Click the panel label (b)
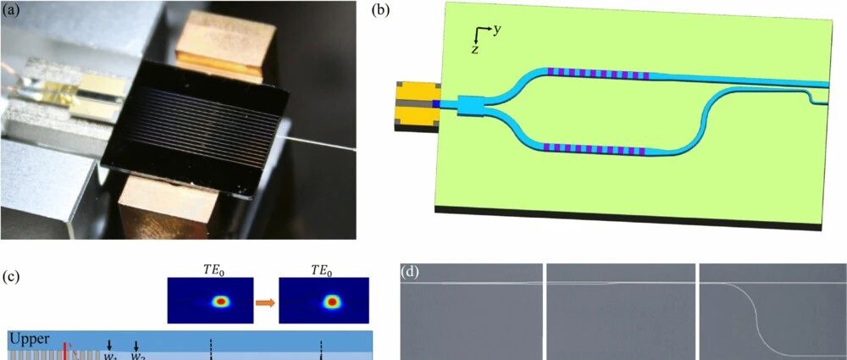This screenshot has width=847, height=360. (381, 11)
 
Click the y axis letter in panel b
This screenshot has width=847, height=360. (497, 30)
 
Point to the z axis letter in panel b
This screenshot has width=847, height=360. (475, 50)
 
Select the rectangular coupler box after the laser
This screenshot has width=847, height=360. (468, 106)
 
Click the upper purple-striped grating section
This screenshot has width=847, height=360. (598, 75)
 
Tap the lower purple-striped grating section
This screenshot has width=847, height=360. (598, 150)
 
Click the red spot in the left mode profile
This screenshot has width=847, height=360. (223, 301)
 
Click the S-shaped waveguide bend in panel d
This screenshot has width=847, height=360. (752, 318)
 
